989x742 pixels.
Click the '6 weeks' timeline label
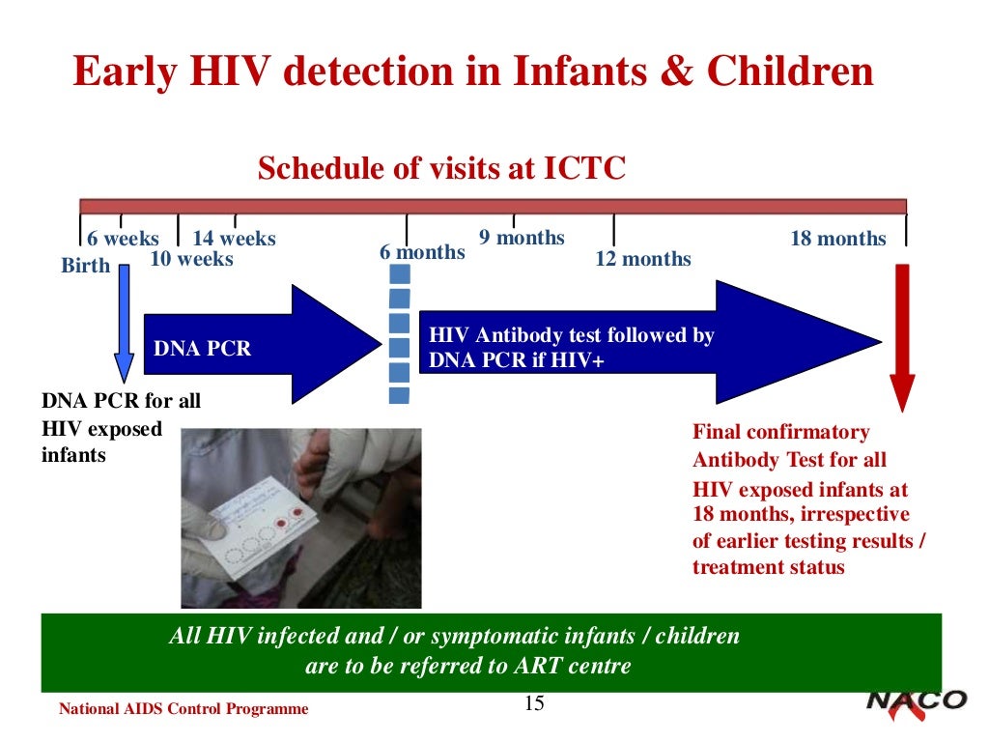pyautogui.click(x=123, y=239)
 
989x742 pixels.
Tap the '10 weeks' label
pyautogui.click(x=191, y=259)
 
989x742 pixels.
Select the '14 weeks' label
pyautogui.click(x=234, y=239)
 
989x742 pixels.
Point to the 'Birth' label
pyautogui.click(x=86, y=266)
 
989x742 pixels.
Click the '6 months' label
pyautogui.click(x=422, y=252)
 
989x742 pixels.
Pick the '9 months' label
pyautogui.click(x=522, y=238)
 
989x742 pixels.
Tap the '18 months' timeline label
pyautogui.click(x=837, y=239)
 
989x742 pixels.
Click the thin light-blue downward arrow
pyautogui.click(x=124, y=319)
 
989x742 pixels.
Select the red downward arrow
pyautogui.click(x=901, y=338)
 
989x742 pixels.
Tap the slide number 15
pyautogui.click(x=534, y=703)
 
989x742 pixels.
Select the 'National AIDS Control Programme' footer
pyautogui.click(x=184, y=709)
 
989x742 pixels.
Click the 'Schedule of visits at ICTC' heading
pyautogui.click(x=441, y=169)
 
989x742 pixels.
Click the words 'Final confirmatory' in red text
pyautogui.click(x=780, y=432)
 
